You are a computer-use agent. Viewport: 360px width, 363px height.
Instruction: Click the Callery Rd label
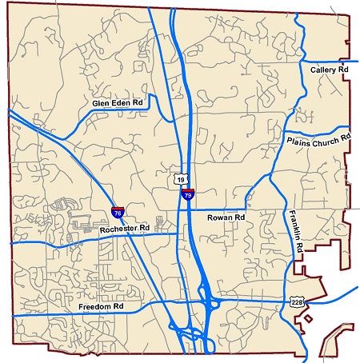[330, 70]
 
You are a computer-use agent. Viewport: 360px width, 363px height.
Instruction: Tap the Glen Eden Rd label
[118, 103]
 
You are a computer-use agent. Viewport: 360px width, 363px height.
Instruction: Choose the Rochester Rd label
[126, 229]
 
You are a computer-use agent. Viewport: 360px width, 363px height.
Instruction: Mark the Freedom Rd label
[101, 306]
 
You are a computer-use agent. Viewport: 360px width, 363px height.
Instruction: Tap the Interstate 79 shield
[188, 193]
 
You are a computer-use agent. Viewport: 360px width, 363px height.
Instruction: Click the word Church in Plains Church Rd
[325, 140]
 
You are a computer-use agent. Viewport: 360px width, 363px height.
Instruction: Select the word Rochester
[120, 229]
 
